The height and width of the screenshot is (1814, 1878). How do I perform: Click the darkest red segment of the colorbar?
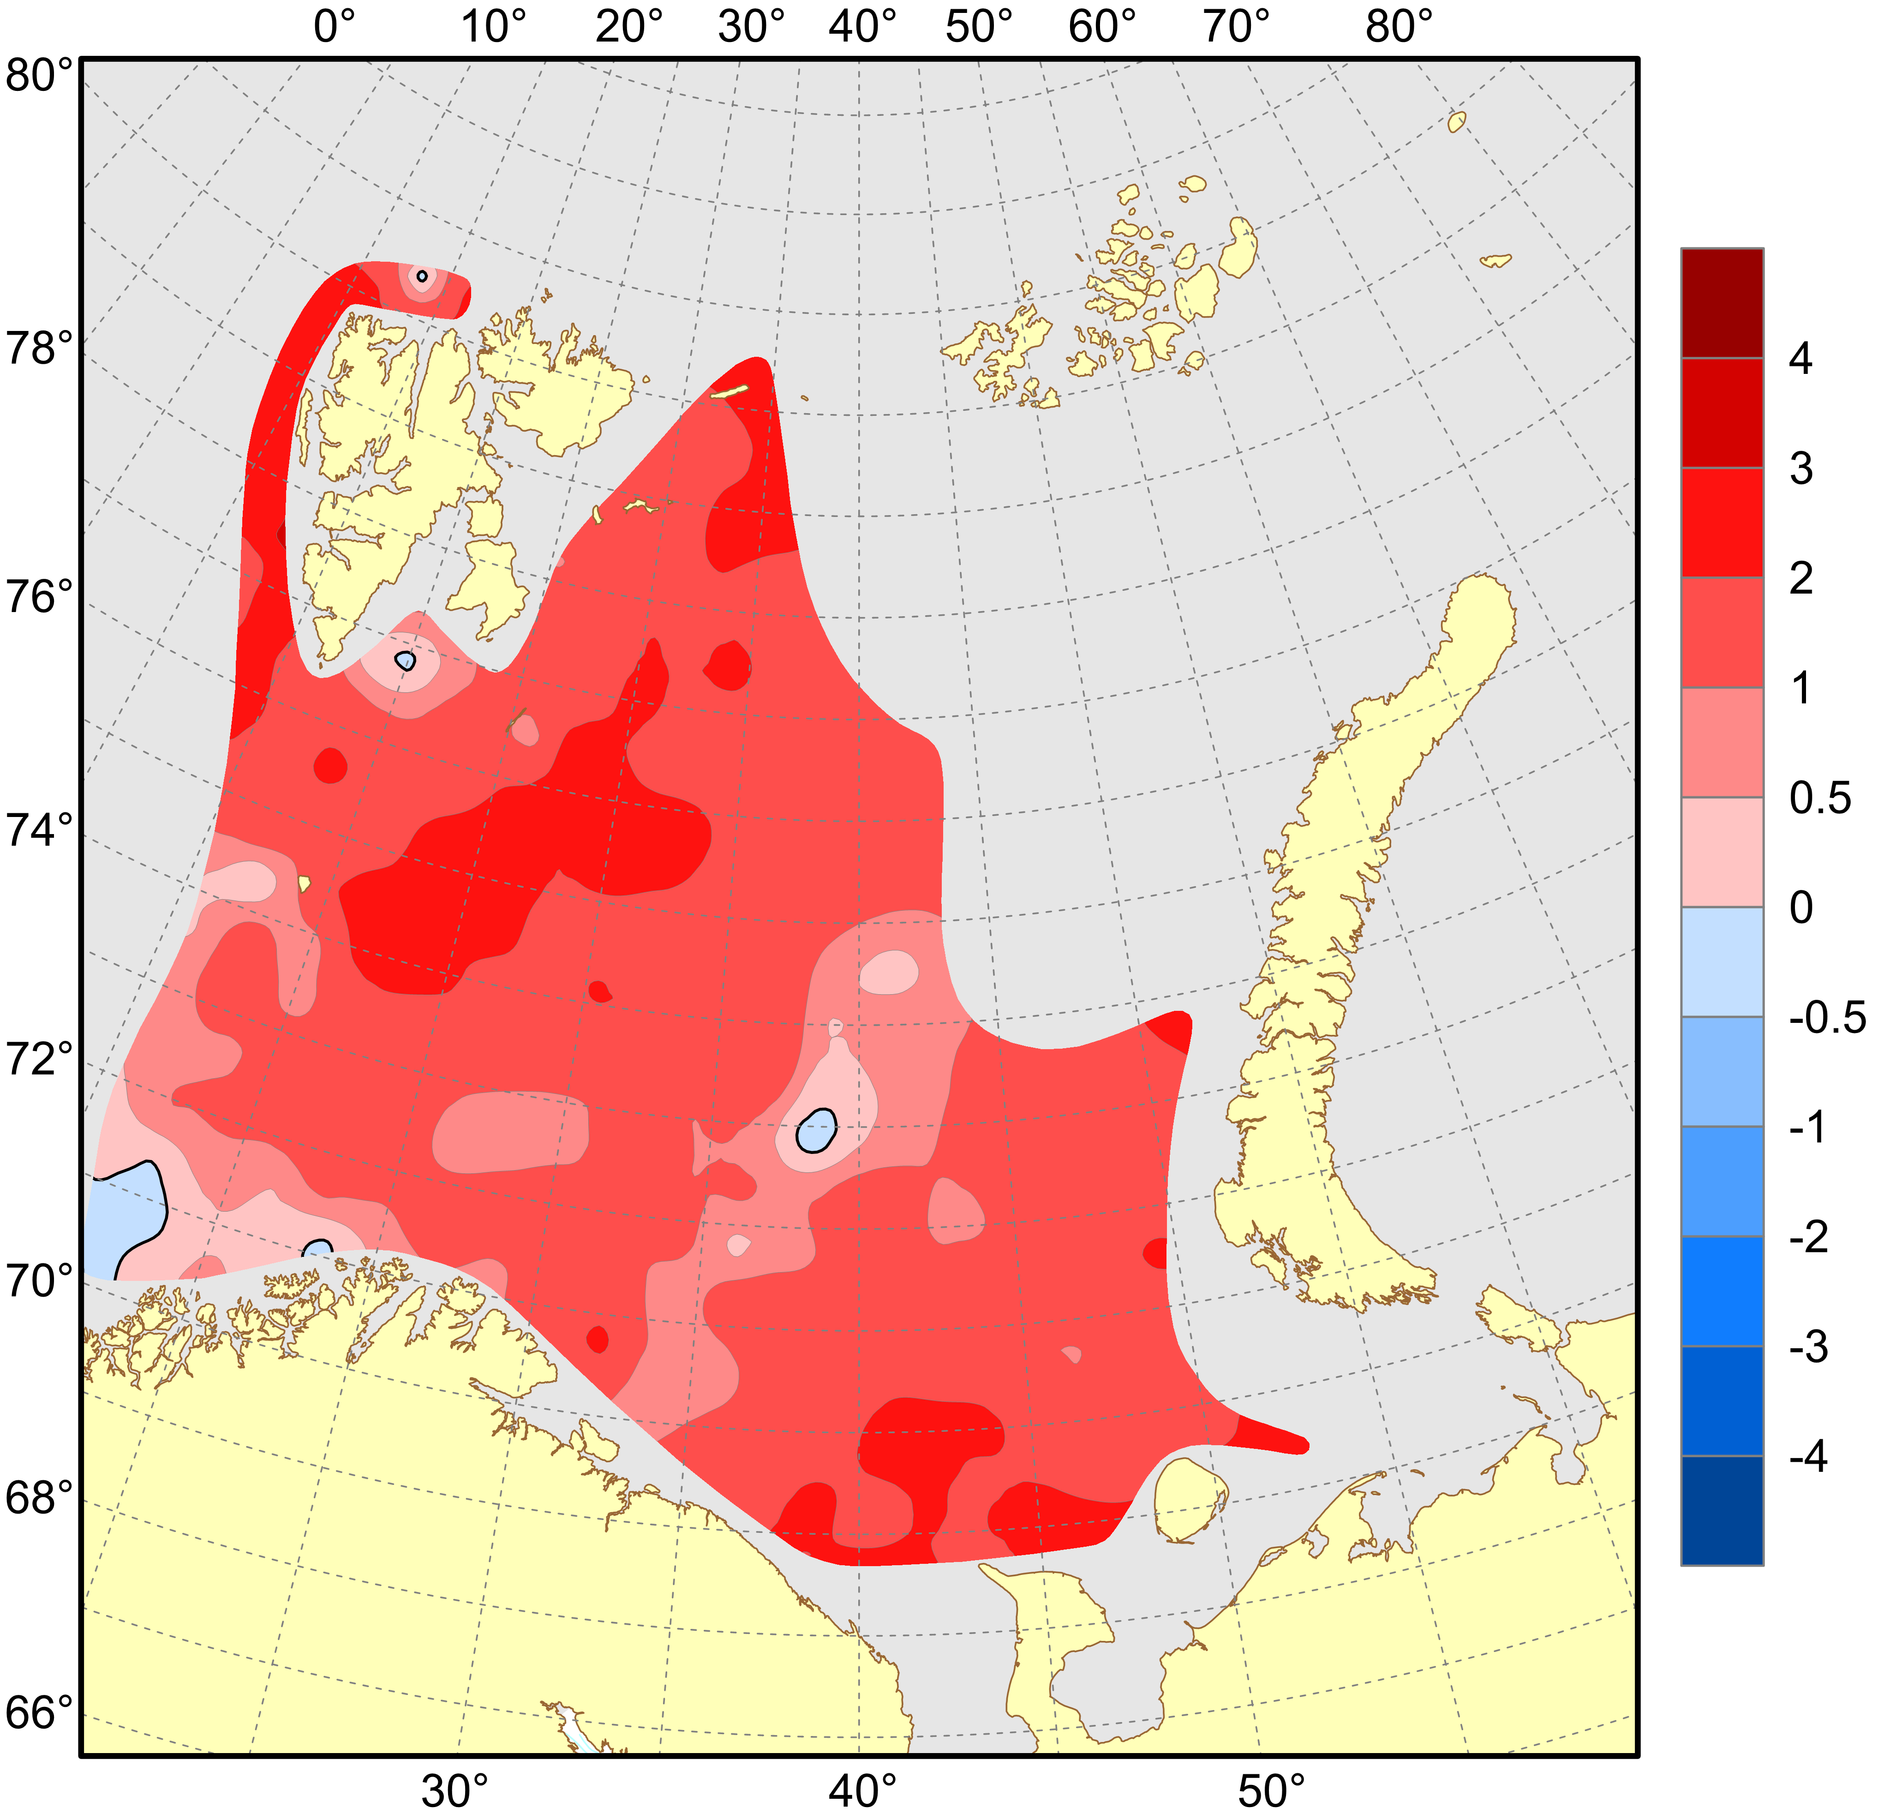coord(1722,303)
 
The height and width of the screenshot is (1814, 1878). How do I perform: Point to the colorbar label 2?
coord(1801,579)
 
